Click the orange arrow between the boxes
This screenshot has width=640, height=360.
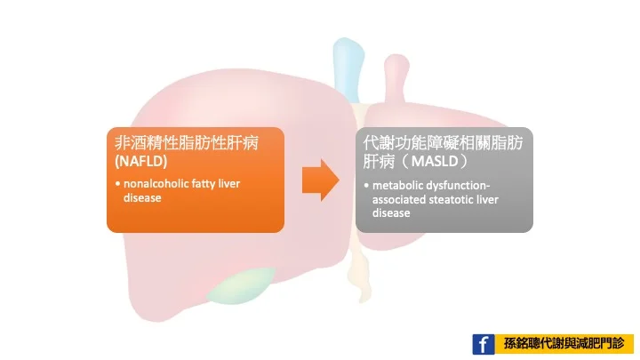click(320, 180)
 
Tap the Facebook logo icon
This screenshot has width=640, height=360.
click(484, 344)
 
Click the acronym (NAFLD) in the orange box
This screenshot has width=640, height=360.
click(141, 161)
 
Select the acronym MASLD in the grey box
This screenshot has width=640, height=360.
click(435, 161)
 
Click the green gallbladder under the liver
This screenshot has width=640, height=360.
click(241, 286)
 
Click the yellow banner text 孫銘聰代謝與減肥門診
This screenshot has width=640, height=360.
click(564, 344)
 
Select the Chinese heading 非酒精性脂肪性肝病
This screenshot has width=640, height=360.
click(187, 143)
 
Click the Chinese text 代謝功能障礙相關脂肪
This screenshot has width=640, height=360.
click(443, 143)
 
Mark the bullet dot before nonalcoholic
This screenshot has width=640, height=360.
click(117, 184)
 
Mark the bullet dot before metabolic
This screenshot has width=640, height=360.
click(366, 186)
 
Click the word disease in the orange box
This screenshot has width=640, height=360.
click(142, 198)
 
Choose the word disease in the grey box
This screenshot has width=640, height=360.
click(391, 213)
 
